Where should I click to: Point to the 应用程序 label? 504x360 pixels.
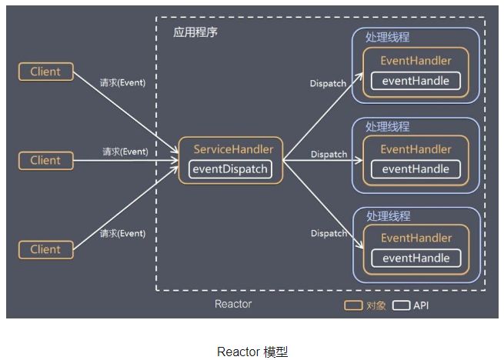(x=195, y=34)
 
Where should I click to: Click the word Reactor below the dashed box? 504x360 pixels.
(x=233, y=304)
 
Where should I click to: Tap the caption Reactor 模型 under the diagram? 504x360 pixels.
(x=252, y=352)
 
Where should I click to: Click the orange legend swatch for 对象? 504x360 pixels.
(x=354, y=305)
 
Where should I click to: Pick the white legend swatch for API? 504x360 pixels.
(x=401, y=305)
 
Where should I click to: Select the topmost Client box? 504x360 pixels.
(x=45, y=72)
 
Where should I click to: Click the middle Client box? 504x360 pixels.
(x=45, y=161)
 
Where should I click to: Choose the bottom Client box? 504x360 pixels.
(x=45, y=249)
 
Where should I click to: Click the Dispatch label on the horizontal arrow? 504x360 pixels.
(x=329, y=155)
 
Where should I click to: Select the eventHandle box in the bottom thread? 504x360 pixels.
(x=416, y=258)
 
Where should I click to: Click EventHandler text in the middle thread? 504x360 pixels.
(x=416, y=149)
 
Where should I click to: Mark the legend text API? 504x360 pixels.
(x=421, y=305)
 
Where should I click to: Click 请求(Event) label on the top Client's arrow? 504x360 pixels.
(x=122, y=82)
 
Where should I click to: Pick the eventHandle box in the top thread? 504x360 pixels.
(x=416, y=80)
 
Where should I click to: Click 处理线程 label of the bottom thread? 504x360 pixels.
(x=387, y=216)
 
